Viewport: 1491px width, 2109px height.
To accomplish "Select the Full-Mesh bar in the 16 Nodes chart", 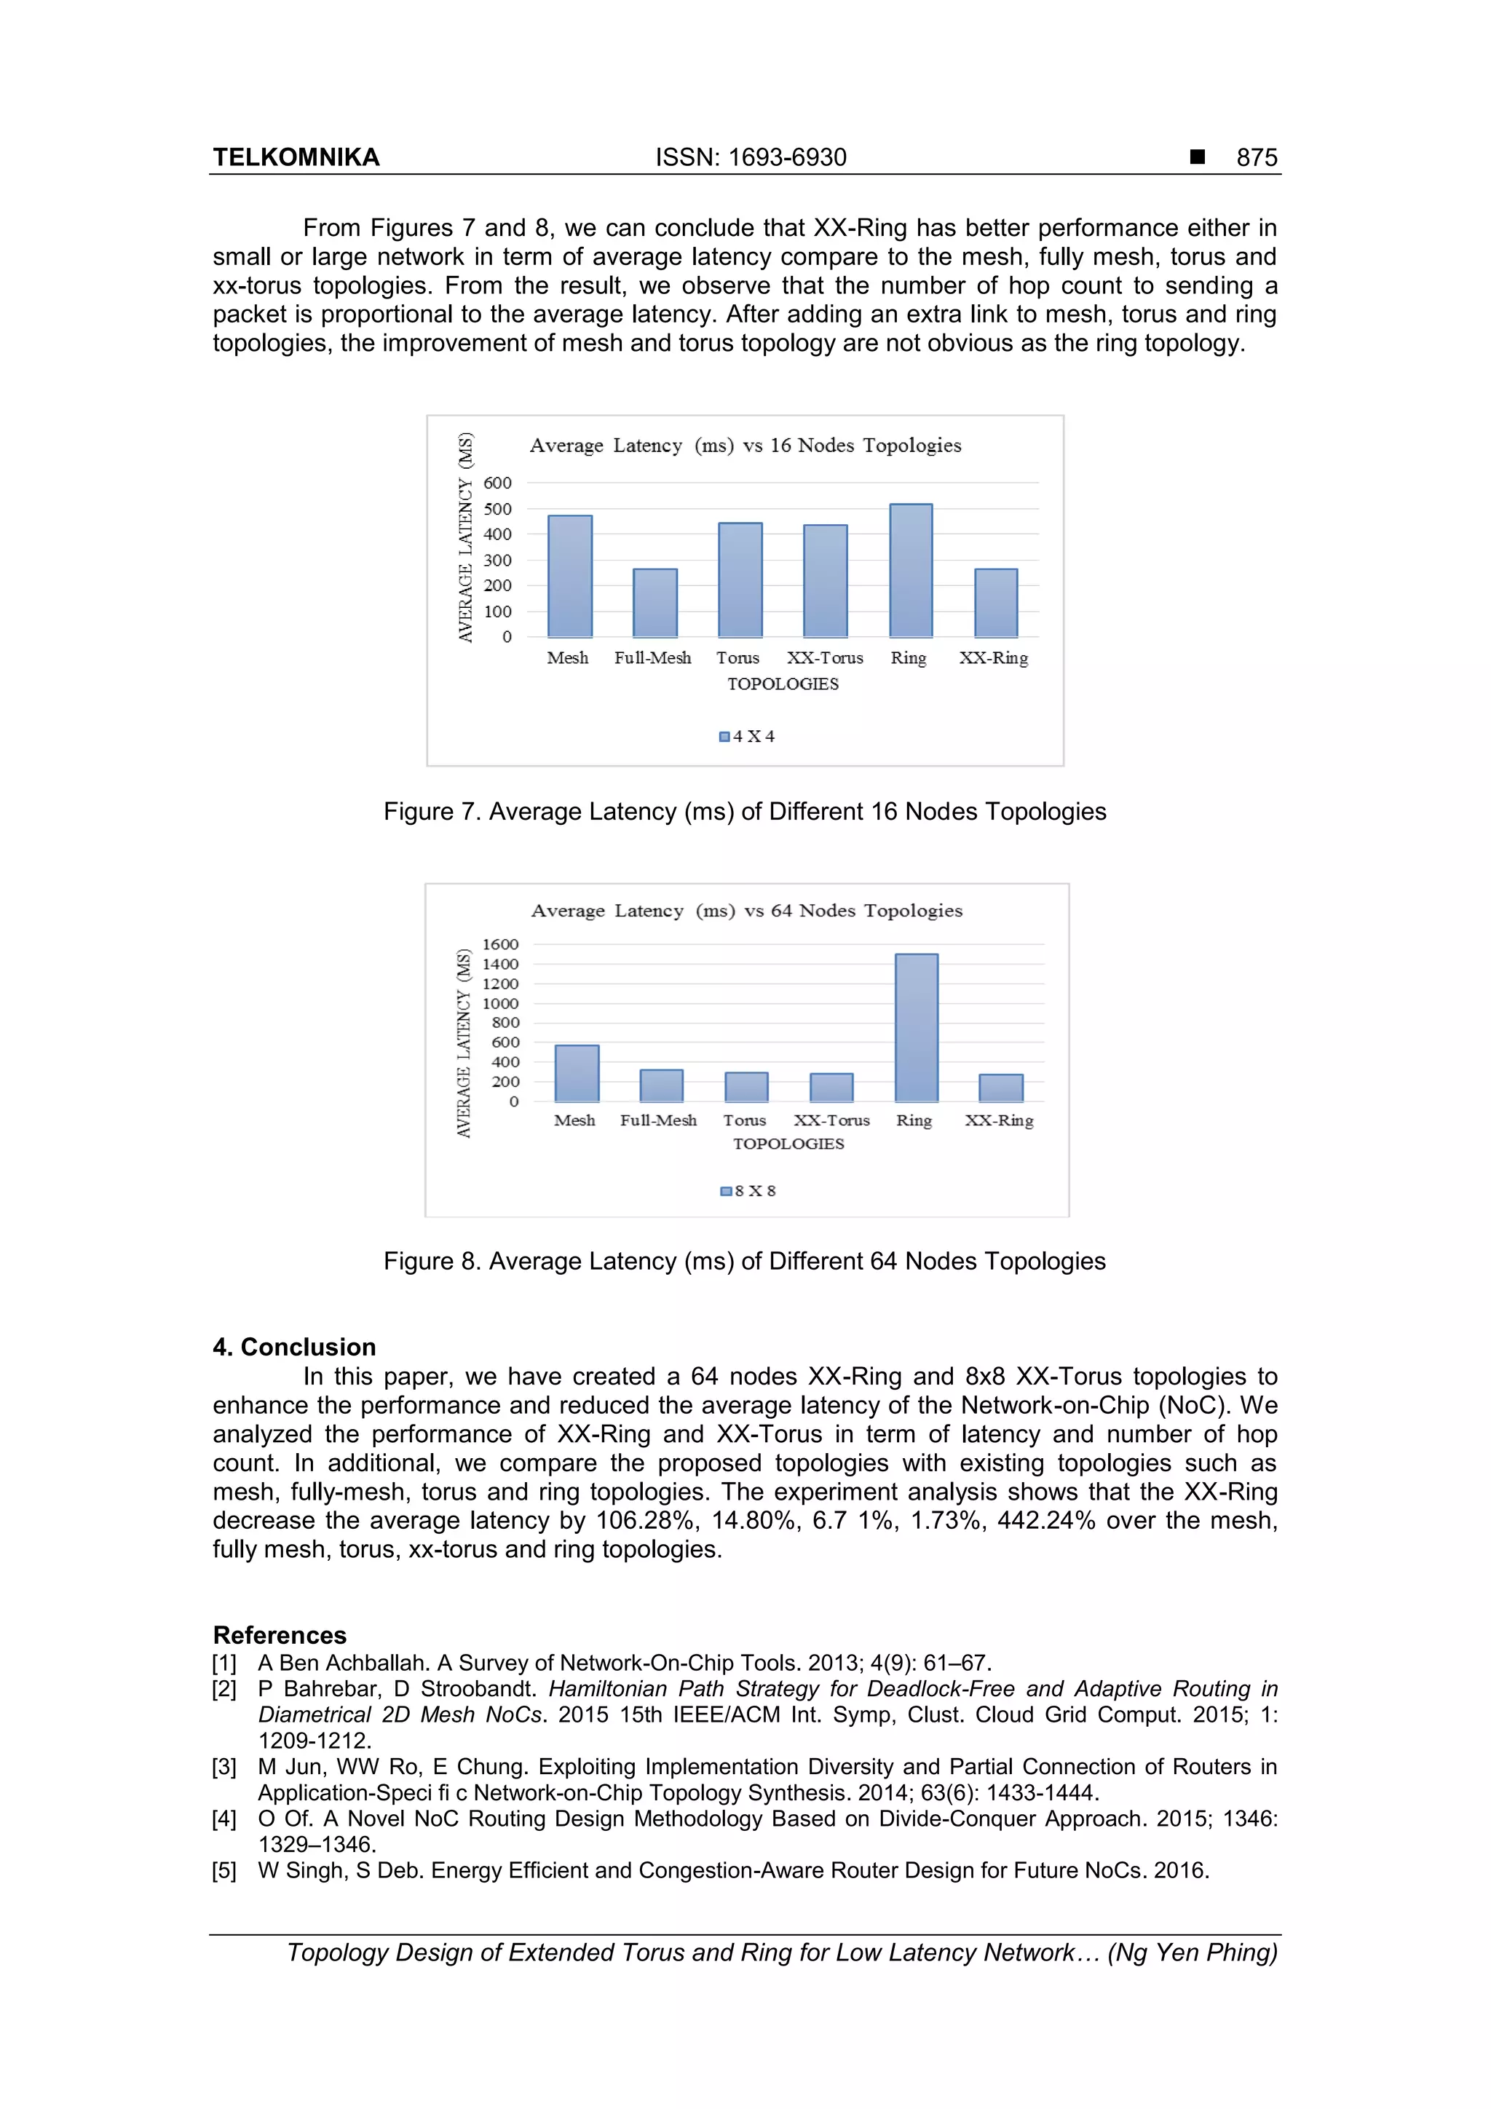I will tap(655, 603).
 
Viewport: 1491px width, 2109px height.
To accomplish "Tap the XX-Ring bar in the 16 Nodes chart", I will tap(996, 603).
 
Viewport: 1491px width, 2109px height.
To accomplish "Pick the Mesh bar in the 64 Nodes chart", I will tap(577, 1073).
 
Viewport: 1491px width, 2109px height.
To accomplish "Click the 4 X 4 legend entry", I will tap(747, 737).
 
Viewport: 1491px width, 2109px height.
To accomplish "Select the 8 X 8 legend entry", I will tap(748, 1192).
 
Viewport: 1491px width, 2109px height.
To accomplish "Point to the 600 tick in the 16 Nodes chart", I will tap(497, 483).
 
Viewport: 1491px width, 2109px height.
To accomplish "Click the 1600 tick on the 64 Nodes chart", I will tap(501, 944).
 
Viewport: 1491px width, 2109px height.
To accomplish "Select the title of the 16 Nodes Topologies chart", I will tap(745, 446).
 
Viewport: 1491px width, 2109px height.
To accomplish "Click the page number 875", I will tap(1256, 158).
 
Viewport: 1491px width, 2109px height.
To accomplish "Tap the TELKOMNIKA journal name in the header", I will tap(296, 158).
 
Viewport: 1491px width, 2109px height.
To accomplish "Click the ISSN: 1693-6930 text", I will tap(751, 158).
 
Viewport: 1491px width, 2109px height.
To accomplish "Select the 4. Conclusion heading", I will tap(294, 1347).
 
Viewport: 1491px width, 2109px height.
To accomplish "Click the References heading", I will tap(280, 1635).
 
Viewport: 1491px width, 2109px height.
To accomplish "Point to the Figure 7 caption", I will tap(744, 812).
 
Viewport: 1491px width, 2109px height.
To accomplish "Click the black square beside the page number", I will tap(1197, 157).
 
